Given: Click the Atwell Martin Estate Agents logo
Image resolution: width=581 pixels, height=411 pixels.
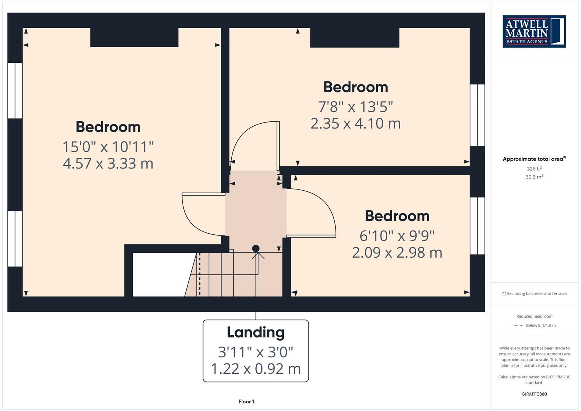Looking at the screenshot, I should pos(534,32).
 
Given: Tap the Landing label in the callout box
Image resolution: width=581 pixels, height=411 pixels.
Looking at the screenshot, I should pos(256,332).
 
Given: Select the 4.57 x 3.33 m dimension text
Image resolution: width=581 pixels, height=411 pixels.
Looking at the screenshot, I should pos(108,163).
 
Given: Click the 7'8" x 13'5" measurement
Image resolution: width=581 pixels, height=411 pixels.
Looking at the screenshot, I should pos(355,107).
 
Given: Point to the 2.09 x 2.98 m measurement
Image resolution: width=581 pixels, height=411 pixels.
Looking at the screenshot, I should pos(397,252).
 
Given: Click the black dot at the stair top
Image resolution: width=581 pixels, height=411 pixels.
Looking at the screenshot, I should pos(256,249).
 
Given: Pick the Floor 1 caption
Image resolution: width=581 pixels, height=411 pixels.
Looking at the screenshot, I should pos(246,401).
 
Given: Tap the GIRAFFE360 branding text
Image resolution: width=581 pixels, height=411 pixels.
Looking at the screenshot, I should pos(534,394).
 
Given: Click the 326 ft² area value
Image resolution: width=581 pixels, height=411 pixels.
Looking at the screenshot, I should pos(534,169).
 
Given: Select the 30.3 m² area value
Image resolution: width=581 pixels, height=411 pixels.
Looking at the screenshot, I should pos(534,177).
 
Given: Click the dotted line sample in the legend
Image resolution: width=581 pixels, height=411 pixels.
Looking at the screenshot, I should pos(518,325).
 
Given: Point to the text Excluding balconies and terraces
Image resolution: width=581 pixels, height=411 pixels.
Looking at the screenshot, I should pos(534,293).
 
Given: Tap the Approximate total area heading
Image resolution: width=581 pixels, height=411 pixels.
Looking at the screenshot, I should pos(534,159).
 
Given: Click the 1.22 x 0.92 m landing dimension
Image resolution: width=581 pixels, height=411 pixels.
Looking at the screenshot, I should pos(256,368).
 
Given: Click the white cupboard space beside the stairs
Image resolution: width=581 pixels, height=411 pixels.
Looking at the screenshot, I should pos(160,274).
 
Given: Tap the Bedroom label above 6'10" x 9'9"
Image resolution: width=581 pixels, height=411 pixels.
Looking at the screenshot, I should pos(397,216).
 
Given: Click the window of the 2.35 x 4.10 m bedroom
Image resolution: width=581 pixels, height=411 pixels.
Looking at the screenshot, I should pos(477,115).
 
